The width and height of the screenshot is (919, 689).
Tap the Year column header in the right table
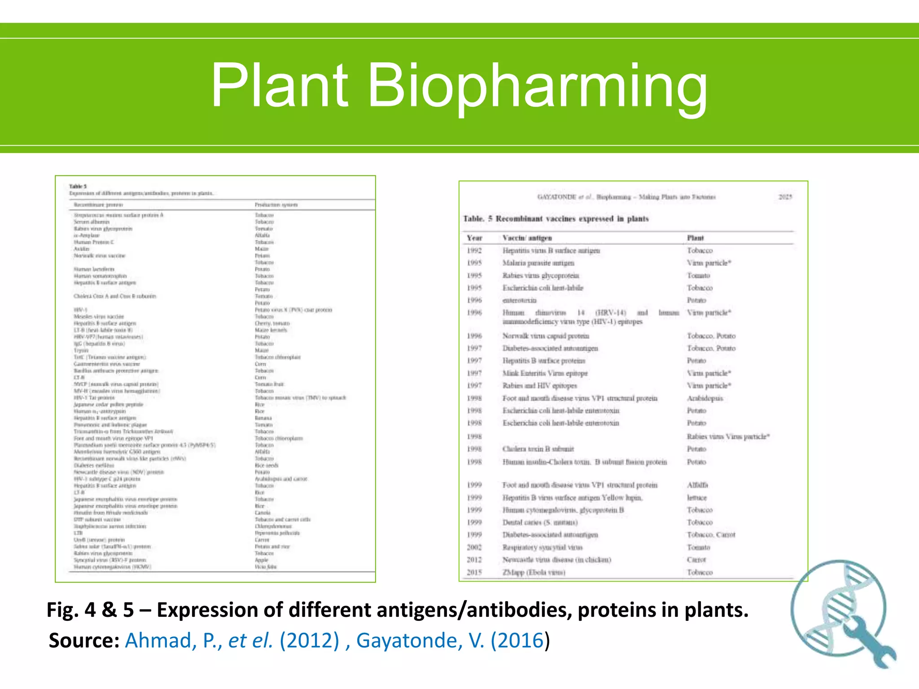474,238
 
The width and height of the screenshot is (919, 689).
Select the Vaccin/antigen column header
527,238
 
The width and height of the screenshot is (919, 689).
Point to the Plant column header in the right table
696,238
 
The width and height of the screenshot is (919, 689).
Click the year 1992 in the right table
474,251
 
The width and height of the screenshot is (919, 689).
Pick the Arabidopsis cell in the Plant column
705,398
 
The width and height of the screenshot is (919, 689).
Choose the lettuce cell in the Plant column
697,497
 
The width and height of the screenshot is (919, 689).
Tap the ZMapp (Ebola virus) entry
534,572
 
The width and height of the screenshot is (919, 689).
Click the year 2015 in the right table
474,572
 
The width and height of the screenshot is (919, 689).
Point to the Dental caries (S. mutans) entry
540,523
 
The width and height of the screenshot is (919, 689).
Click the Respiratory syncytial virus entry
543,547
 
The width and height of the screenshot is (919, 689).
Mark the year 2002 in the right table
474,547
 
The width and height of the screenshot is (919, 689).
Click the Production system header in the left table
276,205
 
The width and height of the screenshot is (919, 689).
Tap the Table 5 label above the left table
78,186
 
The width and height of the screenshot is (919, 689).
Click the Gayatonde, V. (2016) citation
450,640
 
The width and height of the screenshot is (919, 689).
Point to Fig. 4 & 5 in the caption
90,610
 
